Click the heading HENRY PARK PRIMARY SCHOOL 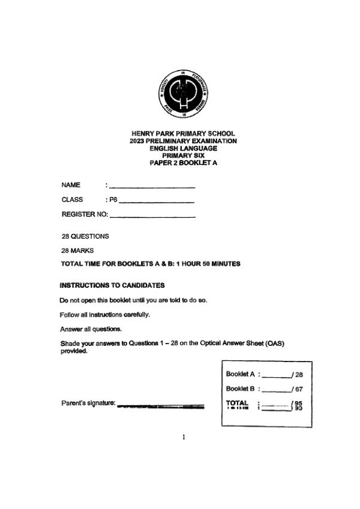183,134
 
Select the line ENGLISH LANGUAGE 183,148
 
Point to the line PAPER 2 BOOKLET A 183,162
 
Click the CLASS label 72,200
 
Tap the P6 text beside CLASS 113,200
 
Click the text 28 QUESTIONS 85,236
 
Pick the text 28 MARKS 77,250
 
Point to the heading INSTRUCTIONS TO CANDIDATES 112,285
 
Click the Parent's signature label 88,403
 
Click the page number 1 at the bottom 184,438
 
